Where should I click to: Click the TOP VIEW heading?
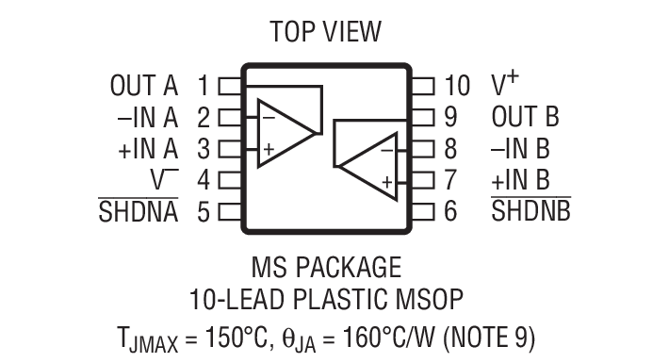326,31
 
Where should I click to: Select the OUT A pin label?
143,86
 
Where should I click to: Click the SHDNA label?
139,210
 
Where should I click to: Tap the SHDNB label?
530,210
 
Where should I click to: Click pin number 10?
456,86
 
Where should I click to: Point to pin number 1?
203,86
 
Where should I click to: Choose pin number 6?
450,210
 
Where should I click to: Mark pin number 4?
203,179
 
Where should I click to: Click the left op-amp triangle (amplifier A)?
284,133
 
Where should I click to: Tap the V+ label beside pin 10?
505,84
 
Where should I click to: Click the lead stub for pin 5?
229,210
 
